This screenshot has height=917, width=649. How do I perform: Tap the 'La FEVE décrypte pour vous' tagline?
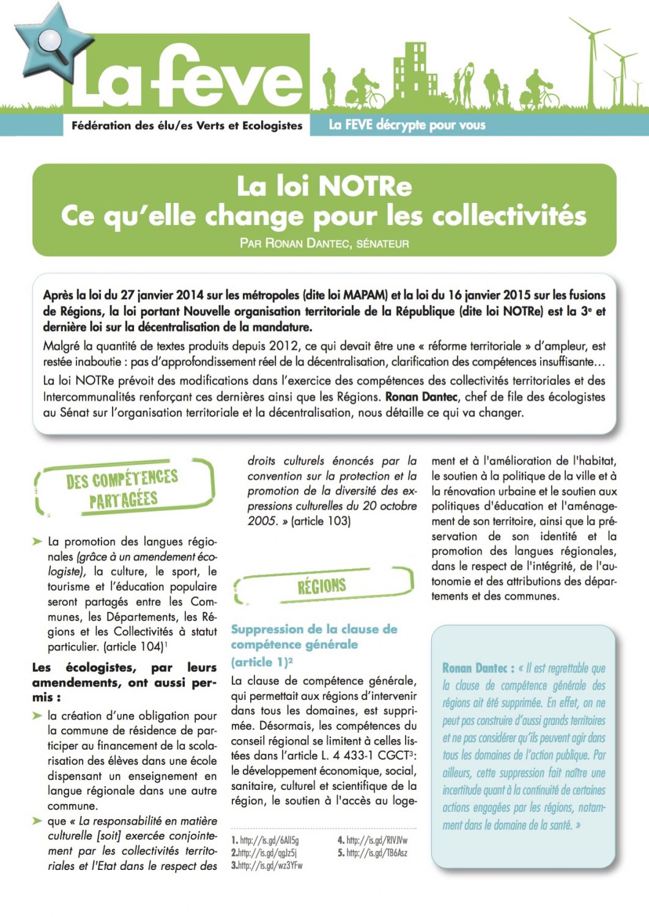tap(407, 125)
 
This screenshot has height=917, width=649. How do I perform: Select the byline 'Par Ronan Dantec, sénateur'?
tap(324, 243)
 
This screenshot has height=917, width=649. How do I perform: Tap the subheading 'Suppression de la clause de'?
tap(314, 629)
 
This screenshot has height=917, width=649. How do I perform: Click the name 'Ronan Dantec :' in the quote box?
tap(478, 668)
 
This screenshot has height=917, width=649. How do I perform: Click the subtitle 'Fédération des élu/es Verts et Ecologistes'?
tap(187, 125)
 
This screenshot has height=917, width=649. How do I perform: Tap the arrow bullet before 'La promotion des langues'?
tap(37, 542)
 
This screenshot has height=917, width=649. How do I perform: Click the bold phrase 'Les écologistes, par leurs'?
tap(124, 668)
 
